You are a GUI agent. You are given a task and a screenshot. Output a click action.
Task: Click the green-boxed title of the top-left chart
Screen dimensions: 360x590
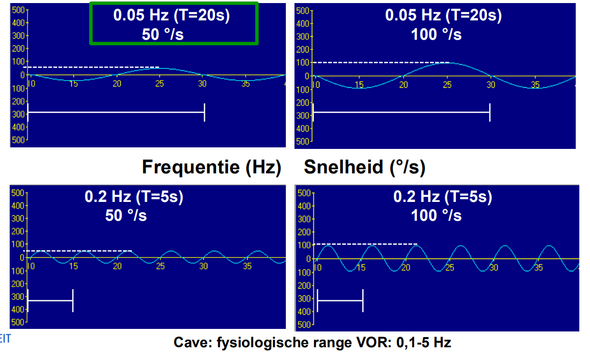coord(173,23)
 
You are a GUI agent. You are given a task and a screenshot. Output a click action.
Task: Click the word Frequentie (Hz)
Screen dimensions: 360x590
coord(211,167)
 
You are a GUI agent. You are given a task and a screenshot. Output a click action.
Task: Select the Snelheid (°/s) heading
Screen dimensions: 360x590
coord(364,167)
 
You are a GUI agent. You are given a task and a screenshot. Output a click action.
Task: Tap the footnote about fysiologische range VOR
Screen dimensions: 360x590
coord(312,342)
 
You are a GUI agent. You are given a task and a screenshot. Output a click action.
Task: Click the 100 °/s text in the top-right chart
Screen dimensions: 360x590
coord(436,34)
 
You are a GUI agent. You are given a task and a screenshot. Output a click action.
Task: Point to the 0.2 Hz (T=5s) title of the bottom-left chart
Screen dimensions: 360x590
coord(133,197)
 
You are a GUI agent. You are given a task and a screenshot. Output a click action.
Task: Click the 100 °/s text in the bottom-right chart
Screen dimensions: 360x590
coord(436,215)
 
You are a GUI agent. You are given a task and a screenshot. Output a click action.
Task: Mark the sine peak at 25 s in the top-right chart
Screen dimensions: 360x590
coord(447,63)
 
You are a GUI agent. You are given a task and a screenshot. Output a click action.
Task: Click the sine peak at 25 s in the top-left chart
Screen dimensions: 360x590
coord(159,68)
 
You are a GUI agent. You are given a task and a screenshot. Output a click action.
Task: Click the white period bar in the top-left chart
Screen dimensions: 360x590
coord(116,112)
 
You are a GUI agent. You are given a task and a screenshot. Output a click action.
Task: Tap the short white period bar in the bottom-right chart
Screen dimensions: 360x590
coord(340,301)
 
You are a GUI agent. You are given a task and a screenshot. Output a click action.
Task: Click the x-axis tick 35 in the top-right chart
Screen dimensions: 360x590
coord(534,85)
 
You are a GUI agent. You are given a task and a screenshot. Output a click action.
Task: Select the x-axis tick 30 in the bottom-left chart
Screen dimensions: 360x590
coord(203,266)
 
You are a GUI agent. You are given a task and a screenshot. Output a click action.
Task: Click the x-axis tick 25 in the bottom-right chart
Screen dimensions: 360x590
coord(449,267)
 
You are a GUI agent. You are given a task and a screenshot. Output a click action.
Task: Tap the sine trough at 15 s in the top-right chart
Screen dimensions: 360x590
coord(360,88)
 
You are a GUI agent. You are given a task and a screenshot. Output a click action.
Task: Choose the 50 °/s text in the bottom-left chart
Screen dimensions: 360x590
coord(126,215)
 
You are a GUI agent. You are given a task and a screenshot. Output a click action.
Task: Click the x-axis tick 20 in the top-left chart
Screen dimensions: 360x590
coord(117,84)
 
